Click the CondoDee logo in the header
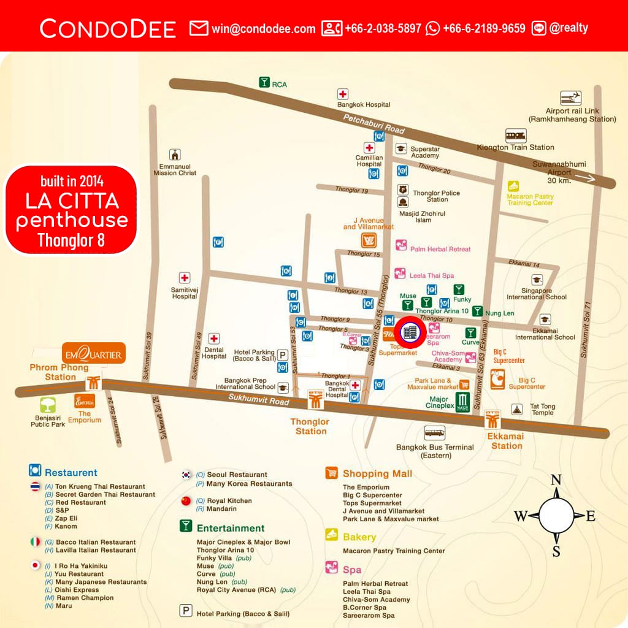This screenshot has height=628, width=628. pos(108,28)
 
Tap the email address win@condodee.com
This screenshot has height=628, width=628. pos(263,28)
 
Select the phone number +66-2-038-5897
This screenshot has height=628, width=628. pos(383,28)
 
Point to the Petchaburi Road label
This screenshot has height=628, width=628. pos(374,124)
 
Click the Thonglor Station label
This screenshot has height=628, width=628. pos(310,426)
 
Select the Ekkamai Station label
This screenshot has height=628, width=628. pos(507,441)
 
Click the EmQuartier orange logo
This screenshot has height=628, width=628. pos(94,354)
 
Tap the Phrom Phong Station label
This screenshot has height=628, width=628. pos(59,372)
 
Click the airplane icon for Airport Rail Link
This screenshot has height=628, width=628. pos(571,98)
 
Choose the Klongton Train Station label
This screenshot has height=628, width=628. pos(516,147)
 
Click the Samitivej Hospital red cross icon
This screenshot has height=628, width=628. pos(184,278)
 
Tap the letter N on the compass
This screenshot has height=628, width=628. pos(556,480)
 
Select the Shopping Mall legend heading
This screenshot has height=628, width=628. pos(377,473)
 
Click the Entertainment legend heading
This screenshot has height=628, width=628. pos(231,528)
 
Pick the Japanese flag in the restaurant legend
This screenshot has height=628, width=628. pos(35,565)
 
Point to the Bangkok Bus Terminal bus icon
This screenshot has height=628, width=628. pos(434,433)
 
